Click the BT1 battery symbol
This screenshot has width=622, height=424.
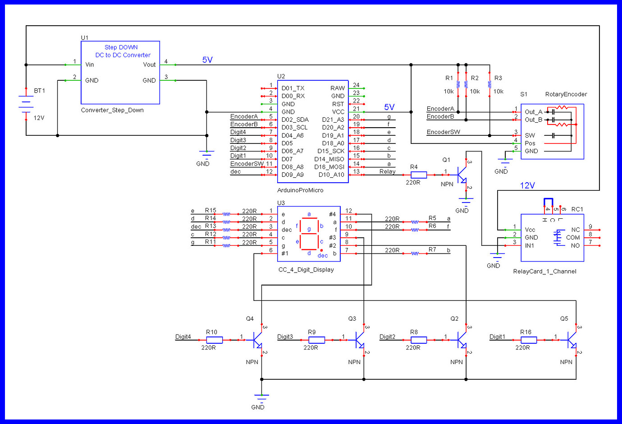tap(26, 104)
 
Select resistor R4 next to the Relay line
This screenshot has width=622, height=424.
tap(418, 175)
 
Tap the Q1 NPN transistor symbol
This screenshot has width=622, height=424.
tap(462, 175)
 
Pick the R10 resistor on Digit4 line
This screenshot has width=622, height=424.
tap(214, 340)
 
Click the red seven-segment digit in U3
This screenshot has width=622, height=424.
tap(309, 234)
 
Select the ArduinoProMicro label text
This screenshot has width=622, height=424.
tap(300, 190)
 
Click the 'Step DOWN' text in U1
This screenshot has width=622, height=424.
tap(121, 47)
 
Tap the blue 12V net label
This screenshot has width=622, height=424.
tap(527, 185)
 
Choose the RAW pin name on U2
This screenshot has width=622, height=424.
tap(337, 88)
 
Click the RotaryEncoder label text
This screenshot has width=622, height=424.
tap(566, 94)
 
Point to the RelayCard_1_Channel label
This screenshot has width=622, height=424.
tap(544, 272)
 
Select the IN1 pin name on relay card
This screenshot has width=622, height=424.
tap(529, 246)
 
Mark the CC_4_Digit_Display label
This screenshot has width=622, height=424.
tap(306, 270)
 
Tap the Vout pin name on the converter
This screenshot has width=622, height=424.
tap(149, 65)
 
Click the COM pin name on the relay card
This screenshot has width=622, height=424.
tap(573, 238)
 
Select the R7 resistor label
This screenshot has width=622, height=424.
tap(432, 249)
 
